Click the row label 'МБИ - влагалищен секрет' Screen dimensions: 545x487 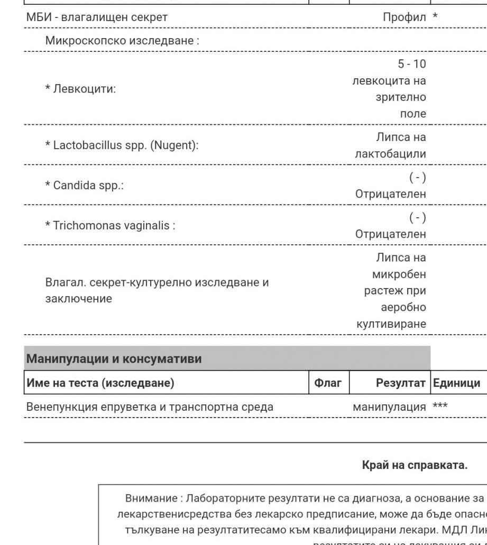[97, 17]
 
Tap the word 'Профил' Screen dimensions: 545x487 [404, 17]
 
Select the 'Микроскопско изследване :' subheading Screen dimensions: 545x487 [122, 41]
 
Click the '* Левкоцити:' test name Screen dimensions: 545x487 [80, 89]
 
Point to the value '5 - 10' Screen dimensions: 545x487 [411, 64]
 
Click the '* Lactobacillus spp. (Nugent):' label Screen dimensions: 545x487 [122, 145]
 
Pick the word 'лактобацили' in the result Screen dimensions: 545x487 [390, 154]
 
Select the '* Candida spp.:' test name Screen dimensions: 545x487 [85, 186]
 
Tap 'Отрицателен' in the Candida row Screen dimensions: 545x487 [390, 194]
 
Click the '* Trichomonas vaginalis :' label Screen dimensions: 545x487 [110, 226]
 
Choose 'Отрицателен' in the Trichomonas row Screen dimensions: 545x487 [390, 234]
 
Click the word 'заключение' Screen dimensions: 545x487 [78, 299]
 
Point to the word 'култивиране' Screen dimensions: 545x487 [391, 324]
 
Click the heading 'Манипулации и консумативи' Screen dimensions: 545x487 [114, 359]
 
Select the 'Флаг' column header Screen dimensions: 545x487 [328, 383]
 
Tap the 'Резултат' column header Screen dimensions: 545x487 [400, 383]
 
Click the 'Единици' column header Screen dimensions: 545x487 [456, 383]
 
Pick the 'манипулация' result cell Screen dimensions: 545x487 [389, 407]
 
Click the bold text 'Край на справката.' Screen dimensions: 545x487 [415, 465]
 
